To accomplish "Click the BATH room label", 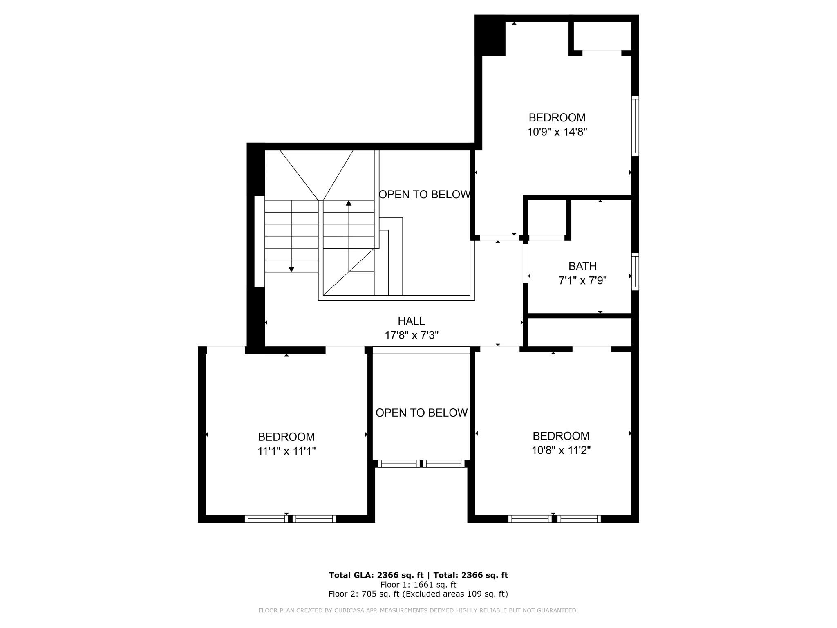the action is pyautogui.click(x=582, y=266).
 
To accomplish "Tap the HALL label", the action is pyautogui.click(x=411, y=321).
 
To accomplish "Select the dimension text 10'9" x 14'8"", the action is pyautogui.click(x=557, y=132).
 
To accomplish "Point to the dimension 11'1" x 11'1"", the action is pyautogui.click(x=286, y=451).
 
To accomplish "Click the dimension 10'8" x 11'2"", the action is pyautogui.click(x=561, y=451).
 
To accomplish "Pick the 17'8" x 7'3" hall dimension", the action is pyautogui.click(x=412, y=335).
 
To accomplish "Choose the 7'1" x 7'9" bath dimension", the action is pyautogui.click(x=582, y=280).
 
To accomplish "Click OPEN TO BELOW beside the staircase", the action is pyautogui.click(x=425, y=195).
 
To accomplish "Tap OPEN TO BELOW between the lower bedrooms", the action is pyautogui.click(x=421, y=413).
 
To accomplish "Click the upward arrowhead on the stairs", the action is pyautogui.click(x=349, y=203).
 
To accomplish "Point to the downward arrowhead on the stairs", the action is pyautogui.click(x=291, y=269).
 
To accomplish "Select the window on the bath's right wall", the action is pyautogui.click(x=635, y=272).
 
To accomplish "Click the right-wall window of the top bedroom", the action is pyautogui.click(x=635, y=126).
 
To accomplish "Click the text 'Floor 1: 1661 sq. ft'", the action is pyautogui.click(x=418, y=585).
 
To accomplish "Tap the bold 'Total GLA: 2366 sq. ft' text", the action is pyautogui.click(x=376, y=575).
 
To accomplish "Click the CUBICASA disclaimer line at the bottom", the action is pyautogui.click(x=418, y=610).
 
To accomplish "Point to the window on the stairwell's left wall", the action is pyautogui.click(x=260, y=242).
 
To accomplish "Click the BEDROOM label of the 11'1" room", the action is pyautogui.click(x=286, y=437).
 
